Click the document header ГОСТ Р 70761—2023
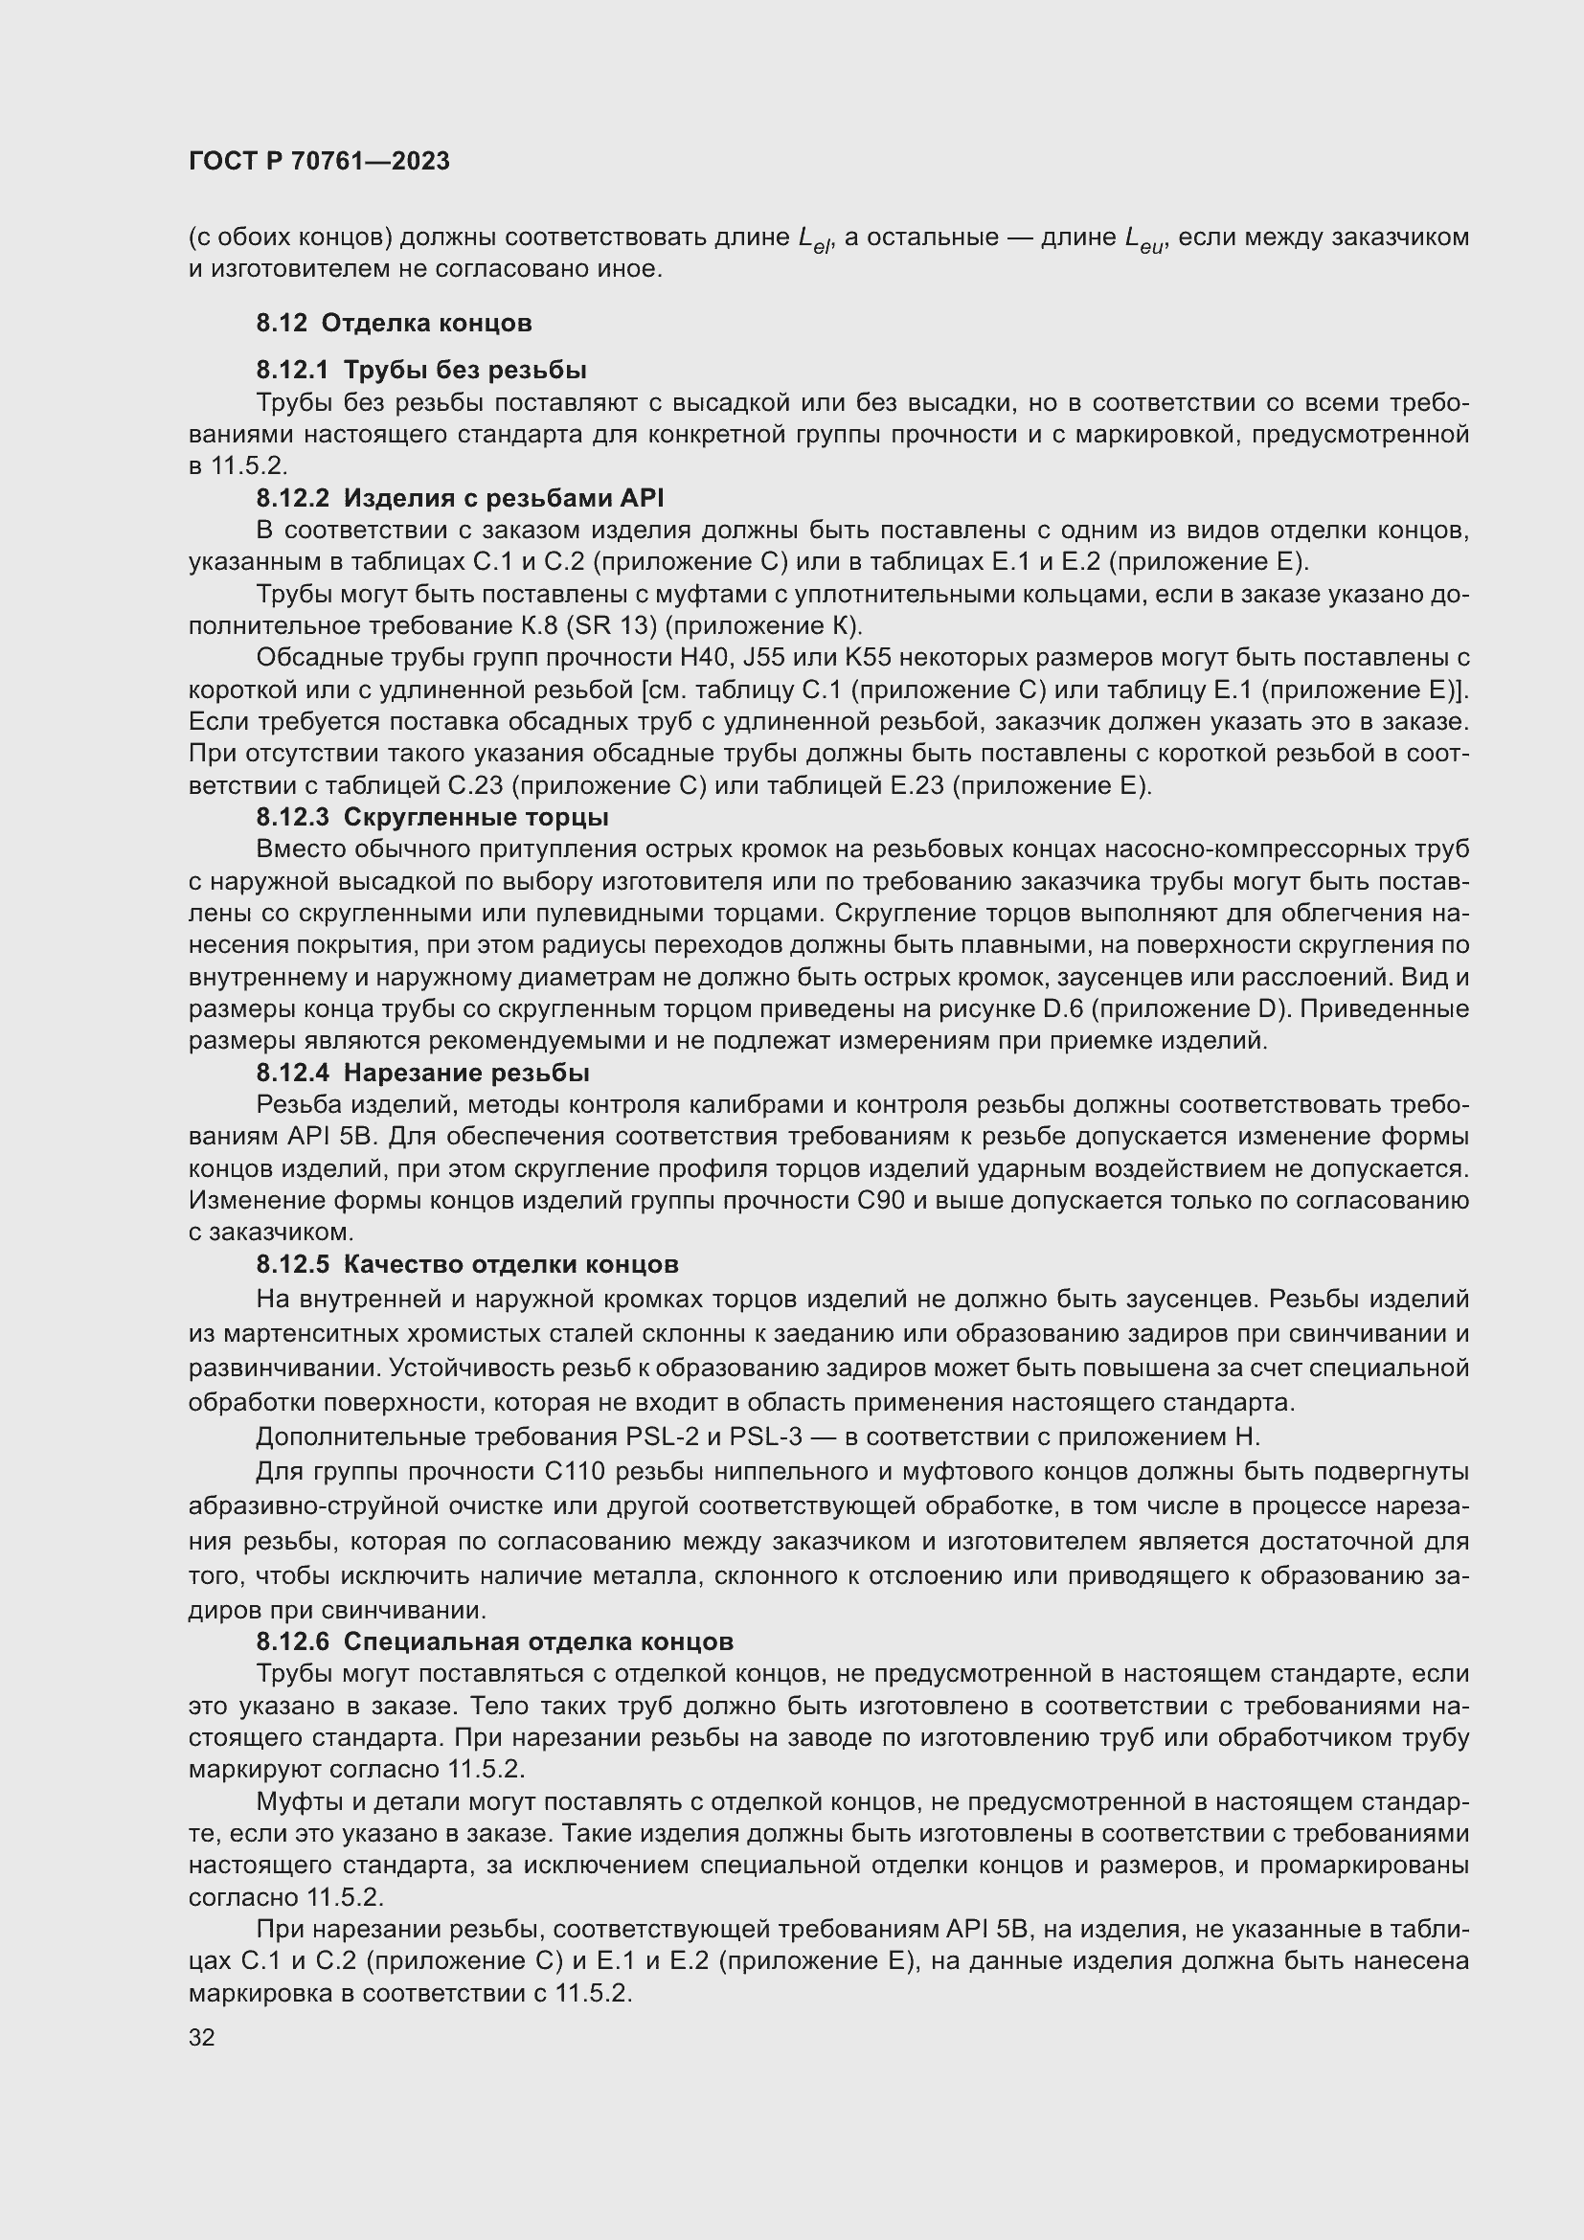[319, 161]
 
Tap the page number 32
[202, 2037]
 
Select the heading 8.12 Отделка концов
[394, 323]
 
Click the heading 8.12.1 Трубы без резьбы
[421, 370]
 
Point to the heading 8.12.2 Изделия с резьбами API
[460, 499]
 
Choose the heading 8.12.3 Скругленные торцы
[432, 817]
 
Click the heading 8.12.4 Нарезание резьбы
[422, 1074]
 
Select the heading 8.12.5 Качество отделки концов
[467, 1264]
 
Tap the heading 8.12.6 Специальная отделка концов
[494, 1641]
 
